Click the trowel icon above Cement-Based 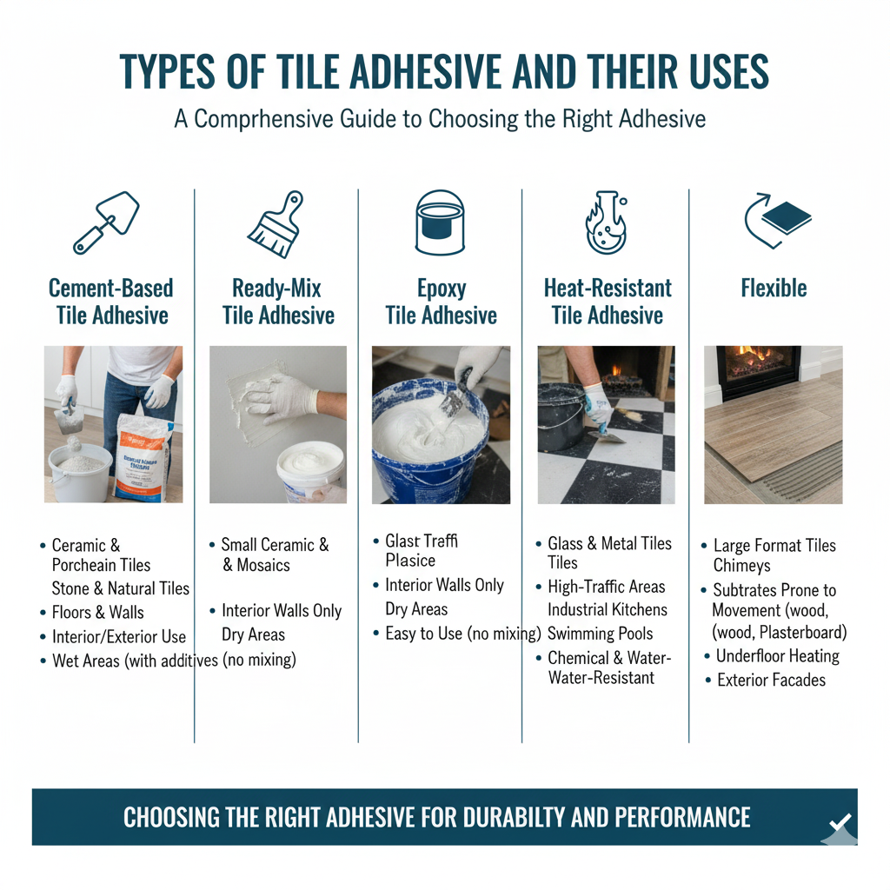106,222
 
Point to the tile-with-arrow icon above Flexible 777,220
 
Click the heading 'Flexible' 774,288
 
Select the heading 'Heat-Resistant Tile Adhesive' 608,301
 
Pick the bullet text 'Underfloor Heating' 777,656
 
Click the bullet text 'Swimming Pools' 600,633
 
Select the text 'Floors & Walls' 97,613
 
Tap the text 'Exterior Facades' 771,680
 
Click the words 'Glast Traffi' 421,541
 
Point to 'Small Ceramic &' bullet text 275,545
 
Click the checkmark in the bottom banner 840,821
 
